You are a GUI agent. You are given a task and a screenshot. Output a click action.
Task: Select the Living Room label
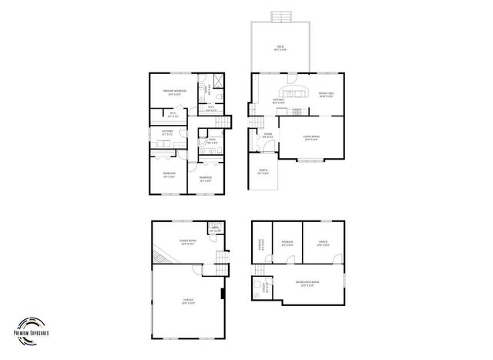pyautogui.click(x=312, y=139)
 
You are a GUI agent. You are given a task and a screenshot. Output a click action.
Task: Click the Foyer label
pyautogui.click(x=268, y=136)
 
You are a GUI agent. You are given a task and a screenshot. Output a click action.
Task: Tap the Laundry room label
pyautogui.click(x=166, y=133)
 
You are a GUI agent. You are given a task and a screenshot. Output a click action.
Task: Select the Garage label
pyautogui.click(x=188, y=300)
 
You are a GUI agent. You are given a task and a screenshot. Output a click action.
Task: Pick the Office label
pyautogui.click(x=323, y=244)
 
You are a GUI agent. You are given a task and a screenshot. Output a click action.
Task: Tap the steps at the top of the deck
pyautogui.click(x=280, y=16)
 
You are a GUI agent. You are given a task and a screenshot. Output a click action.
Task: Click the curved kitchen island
pyautogui.click(x=300, y=93)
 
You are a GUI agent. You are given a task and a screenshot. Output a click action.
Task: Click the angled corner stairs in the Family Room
pyautogui.click(x=160, y=252)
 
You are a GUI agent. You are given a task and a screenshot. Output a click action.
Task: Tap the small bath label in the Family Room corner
pyautogui.click(x=214, y=230)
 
